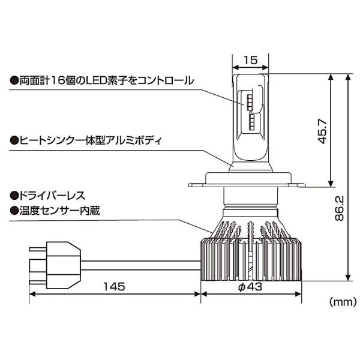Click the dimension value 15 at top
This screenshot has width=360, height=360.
click(x=250, y=60)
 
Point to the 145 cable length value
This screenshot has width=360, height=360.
click(x=113, y=286)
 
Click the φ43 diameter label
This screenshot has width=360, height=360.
click(x=251, y=286)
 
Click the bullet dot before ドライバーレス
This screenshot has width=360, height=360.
click(x=13, y=196)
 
